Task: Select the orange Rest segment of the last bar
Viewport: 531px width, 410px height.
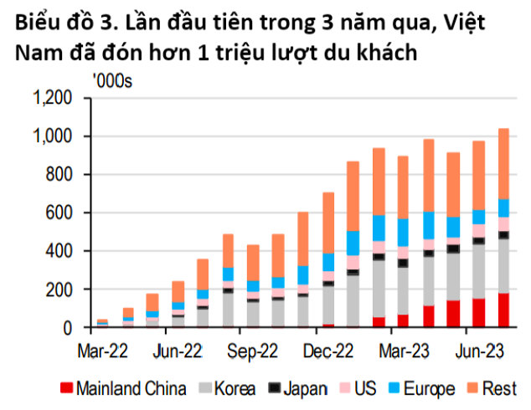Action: [503, 163]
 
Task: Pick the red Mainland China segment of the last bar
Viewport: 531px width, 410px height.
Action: [503, 310]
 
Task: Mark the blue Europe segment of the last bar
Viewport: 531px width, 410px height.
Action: [503, 208]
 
